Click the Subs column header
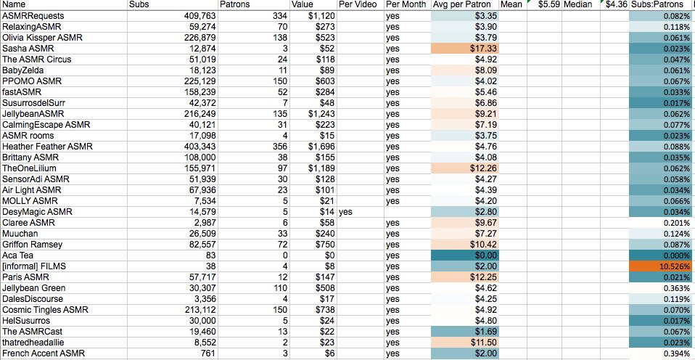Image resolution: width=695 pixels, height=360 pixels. click(139, 5)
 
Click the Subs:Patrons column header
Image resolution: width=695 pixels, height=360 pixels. click(656, 5)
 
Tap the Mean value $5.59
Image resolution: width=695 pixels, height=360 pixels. click(549, 5)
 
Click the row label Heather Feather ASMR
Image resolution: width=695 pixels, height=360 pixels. click(47, 146)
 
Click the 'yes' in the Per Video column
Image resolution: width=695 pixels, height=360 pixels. click(345, 212)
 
